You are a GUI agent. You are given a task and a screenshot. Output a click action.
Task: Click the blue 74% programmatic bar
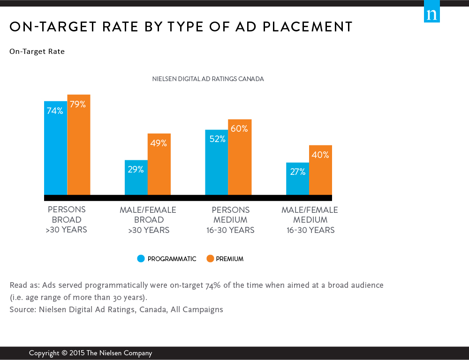coord(56,148)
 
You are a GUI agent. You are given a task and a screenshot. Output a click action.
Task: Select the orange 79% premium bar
coord(79,145)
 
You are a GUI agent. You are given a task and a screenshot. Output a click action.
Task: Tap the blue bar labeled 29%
coord(136,178)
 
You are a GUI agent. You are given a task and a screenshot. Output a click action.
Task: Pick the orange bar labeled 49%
coord(159,164)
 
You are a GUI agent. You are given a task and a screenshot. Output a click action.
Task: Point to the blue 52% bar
coord(217,162)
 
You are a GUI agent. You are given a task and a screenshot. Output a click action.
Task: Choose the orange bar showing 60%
coord(240,157)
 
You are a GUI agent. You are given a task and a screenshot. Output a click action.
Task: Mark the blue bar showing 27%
coord(298,179)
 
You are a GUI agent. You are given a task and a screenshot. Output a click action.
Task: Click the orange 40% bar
coord(321,170)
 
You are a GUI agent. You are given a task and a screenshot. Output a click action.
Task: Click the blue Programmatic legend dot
coord(141,259)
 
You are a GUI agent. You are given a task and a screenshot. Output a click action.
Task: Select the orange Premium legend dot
coord(210,259)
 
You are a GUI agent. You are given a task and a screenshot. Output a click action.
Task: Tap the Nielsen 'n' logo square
coord(432,11)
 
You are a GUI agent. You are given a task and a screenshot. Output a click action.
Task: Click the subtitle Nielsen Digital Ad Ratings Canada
coord(208,79)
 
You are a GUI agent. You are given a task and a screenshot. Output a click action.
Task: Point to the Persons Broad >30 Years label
coord(67,219)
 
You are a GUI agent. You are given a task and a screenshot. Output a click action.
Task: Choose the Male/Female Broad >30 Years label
coord(148,220)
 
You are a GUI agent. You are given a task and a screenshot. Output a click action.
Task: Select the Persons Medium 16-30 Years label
coord(230,220)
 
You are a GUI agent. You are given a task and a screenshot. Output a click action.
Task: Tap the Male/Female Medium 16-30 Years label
coord(310,220)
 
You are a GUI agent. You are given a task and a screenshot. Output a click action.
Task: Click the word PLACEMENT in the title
coord(308,27)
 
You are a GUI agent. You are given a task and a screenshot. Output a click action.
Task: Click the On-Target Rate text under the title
coord(37,52)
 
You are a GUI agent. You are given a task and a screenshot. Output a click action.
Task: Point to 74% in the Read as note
coord(213,285)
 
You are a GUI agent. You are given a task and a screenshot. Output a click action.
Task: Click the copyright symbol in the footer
coord(64,353)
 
